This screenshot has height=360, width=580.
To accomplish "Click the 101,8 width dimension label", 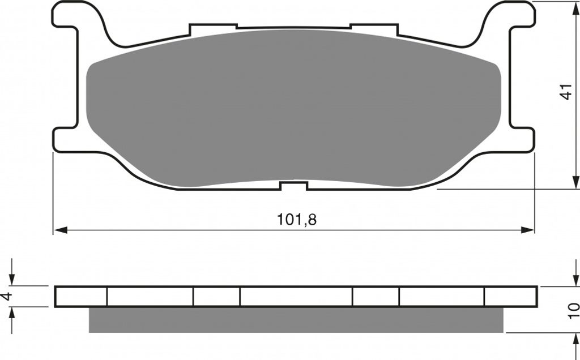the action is [x=297, y=220].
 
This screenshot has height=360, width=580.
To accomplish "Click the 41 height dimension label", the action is [x=566, y=92].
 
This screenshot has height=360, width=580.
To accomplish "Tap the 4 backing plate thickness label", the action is [x=7, y=296].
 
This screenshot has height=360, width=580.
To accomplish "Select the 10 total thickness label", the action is [x=574, y=311].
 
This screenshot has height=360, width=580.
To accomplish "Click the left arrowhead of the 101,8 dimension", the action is [x=61, y=230].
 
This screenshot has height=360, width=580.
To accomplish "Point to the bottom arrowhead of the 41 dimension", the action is [x=575, y=182].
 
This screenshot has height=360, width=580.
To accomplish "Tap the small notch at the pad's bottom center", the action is [x=294, y=186].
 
